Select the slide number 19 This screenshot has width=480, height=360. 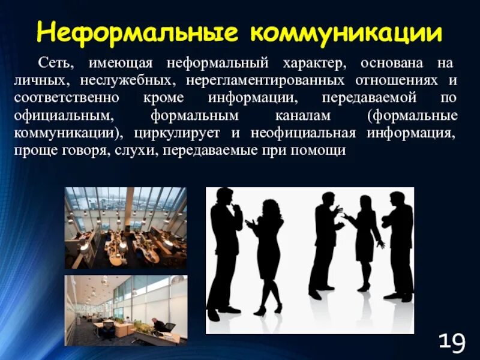451,343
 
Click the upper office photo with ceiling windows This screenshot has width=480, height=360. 125,227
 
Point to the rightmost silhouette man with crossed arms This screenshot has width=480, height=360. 399,246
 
